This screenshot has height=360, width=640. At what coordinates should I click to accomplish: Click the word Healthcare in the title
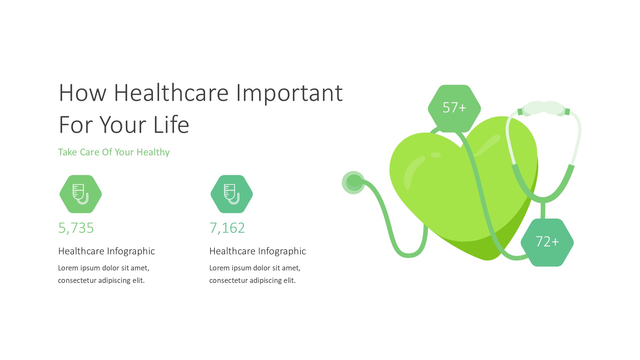click(x=171, y=93)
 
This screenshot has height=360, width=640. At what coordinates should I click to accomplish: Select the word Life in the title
click(x=171, y=124)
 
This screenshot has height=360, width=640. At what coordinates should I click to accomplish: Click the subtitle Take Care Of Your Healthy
click(x=114, y=152)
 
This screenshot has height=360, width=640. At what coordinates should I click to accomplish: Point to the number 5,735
click(x=76, y=228)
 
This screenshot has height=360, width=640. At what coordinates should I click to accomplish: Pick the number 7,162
click(x=227, y=228)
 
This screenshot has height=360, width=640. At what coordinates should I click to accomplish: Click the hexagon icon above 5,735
click(x=81, y=194)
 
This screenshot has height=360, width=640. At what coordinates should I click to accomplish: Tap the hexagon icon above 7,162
click(x=232, y=194)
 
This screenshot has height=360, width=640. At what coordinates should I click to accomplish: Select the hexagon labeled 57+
click(x=454, y=108)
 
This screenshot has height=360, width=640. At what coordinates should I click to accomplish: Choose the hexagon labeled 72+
click(x=547, y=242)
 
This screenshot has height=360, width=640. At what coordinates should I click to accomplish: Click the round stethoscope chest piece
click(x=353, y=182)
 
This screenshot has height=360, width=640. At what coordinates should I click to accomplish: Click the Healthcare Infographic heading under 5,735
click(x=107, y=251)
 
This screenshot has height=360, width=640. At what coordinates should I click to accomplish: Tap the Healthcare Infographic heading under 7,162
click(x=258, y=251)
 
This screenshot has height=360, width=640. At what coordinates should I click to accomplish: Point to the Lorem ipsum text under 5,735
click(x=104, y=274)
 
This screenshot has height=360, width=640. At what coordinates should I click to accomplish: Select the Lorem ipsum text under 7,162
click(x=255, y=274)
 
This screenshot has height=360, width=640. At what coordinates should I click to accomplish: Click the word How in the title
click(x=83, y=93)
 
